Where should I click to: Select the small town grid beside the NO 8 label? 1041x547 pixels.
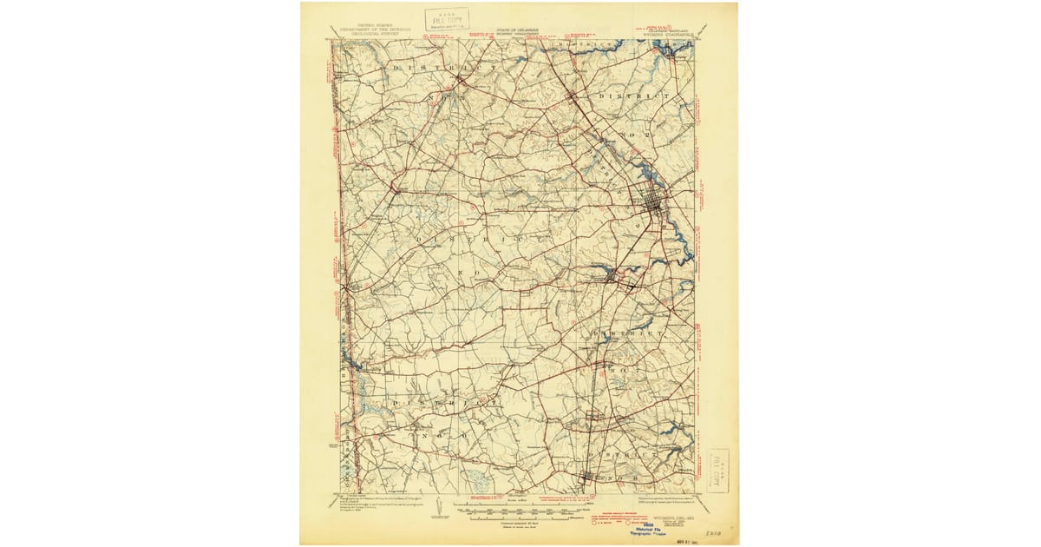pos(587,478)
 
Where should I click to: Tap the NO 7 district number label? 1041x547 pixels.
pos(619,369)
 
